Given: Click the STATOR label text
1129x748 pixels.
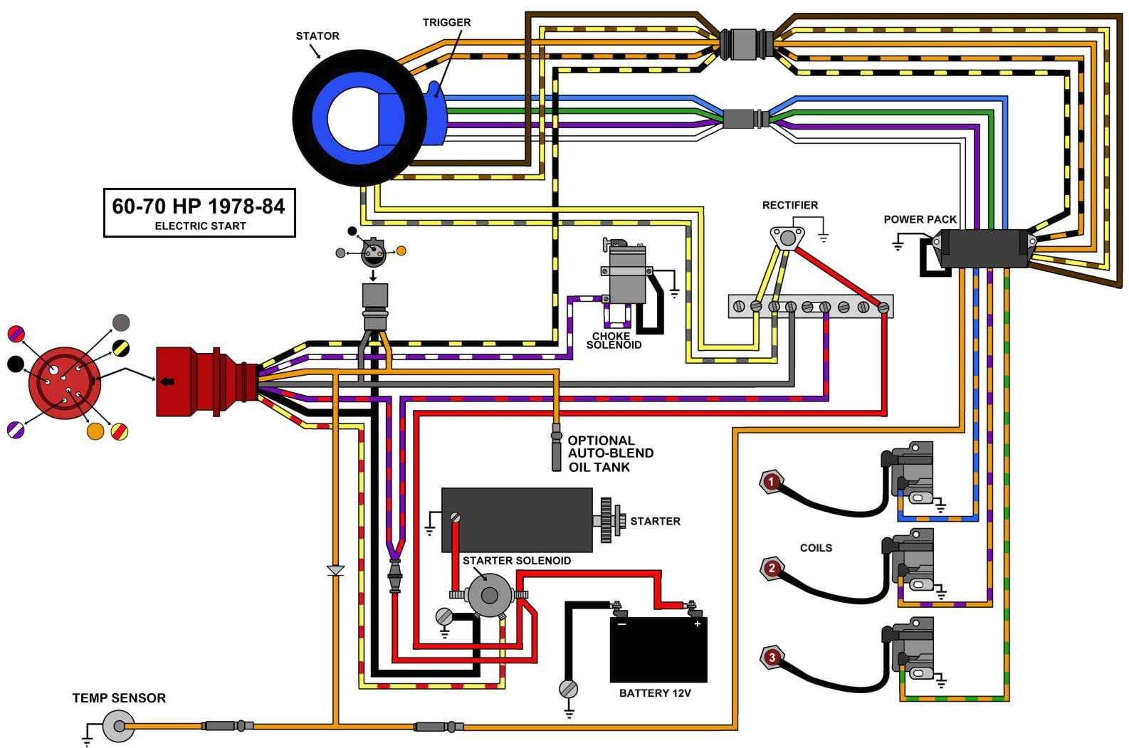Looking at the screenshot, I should (x=317, y=36).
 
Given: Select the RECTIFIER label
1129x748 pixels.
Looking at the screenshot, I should (x=789, y=205).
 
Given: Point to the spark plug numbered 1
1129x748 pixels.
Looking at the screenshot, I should (x=770, y=483).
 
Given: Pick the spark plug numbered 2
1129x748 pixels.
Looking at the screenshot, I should (x=771, y=569).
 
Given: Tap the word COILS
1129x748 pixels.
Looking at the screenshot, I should (x=816, y=548).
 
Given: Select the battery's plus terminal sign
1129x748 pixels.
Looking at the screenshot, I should (x=696, y=624).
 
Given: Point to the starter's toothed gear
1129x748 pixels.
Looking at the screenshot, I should (x=606, y=520).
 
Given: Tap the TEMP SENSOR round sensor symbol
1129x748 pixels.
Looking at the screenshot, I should (x=118, y=727).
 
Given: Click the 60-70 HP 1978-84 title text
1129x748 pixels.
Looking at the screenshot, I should (x=199, y=206).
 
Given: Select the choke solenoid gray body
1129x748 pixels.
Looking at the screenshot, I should (x=627, y=274).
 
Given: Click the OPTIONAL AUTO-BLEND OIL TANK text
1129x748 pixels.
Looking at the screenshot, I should (x=609, y=453).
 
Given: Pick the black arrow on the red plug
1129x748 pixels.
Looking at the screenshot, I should (x=167, y=381).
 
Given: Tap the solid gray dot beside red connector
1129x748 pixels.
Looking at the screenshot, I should (x=122, y=322).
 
